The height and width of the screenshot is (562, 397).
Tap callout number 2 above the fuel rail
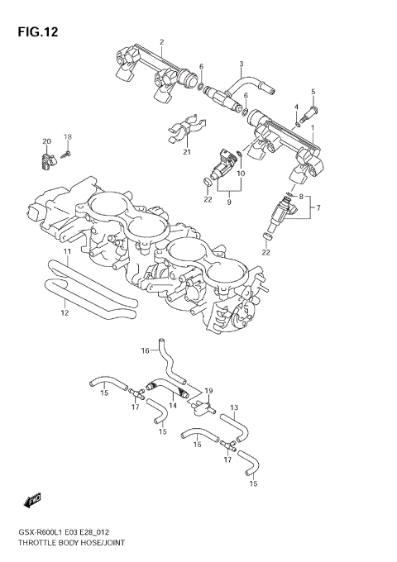[x=162, y=42]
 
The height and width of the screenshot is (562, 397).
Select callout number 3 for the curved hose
[x=241, y=64]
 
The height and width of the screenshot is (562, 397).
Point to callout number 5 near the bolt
[x=313, y=91]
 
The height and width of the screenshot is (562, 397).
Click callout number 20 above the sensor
[x=47, y=141]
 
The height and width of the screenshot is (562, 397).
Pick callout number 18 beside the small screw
[x=69, y=136]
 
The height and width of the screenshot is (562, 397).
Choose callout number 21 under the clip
[x=186, y=152]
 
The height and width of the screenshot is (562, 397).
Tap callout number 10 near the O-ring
[x=242, y=174]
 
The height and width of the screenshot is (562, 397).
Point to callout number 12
[x=65, y=313]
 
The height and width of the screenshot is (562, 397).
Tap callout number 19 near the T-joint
[x=209, y=391]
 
